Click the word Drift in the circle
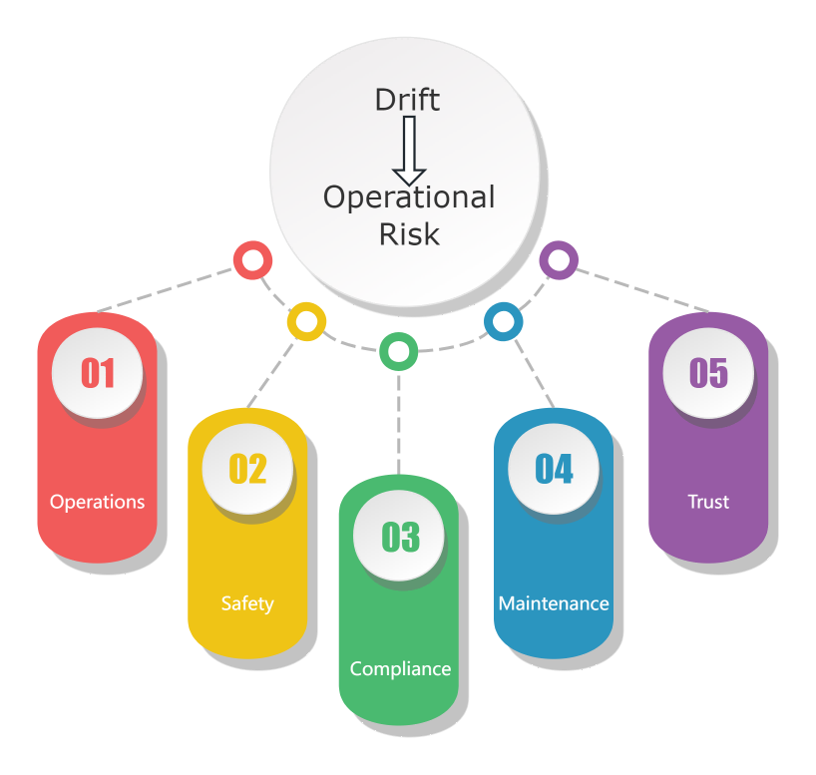coord(407,100)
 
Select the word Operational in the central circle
coord(409,197)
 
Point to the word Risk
coord(409,233)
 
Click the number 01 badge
coord(98,373)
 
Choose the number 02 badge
coord(247,469)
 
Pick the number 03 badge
coord(400,537)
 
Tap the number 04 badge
coord(554,469)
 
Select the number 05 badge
coord(708,373)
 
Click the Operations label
coord(98,502)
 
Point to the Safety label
coord(247,603)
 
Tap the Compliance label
coord(400,668)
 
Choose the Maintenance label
coord(554,603)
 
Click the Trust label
coord(708,502)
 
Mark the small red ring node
coord(252,261)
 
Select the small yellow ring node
coord(306,321)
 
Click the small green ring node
coord(399,351)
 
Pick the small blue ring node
coord(503,321)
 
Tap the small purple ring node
coord(559,261)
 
